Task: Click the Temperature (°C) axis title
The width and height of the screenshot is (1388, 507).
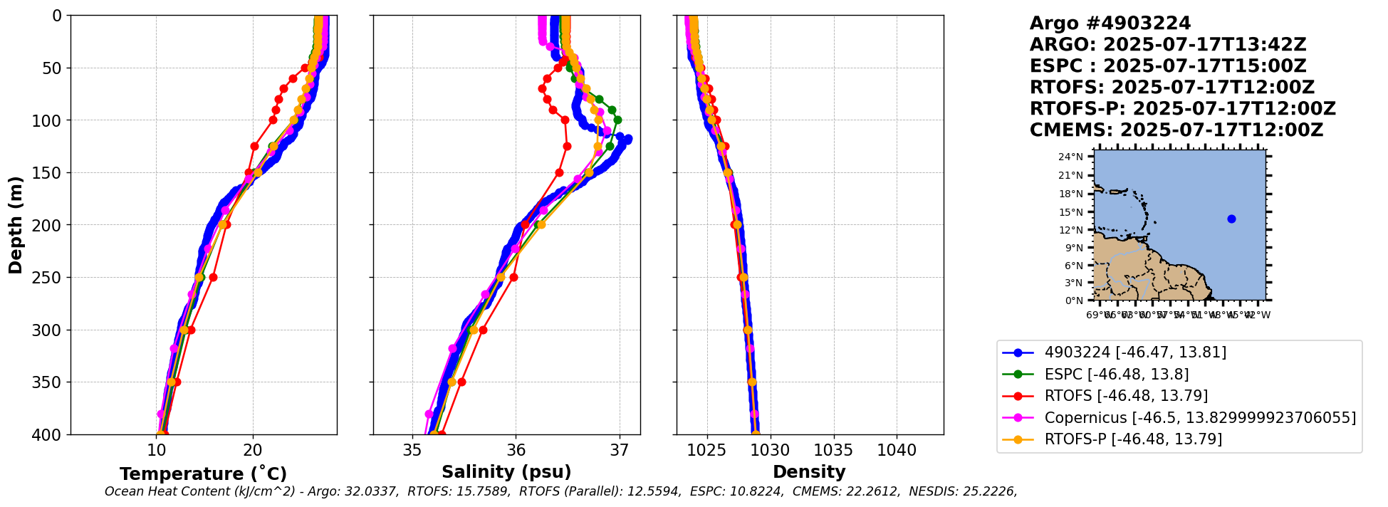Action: click(x=203, y=474)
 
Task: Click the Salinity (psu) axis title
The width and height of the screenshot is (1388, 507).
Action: click(x=506, y=472)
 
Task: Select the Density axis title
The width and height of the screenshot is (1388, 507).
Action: click(x=809, y=472)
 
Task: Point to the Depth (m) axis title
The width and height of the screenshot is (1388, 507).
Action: click(x=16, y=225)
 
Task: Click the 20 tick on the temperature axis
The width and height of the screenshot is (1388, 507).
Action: click(x=253, y=450)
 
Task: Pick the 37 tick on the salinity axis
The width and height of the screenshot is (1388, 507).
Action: click(x=620, y=450)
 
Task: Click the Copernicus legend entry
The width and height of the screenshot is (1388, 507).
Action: click(x=1200, y=418)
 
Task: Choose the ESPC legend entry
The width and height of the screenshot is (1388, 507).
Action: click(x=1116, y=375)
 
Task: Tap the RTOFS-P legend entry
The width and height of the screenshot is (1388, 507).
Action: click(x=1132, y=439)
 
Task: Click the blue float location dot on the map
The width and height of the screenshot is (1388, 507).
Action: click(x=1231, y=219)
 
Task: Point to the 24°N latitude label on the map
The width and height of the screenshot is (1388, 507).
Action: click(x=1070, y=157)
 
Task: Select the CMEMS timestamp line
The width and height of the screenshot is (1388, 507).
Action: click(x=1176, y=130)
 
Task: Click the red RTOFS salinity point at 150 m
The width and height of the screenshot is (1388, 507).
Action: click(x=559, y=172)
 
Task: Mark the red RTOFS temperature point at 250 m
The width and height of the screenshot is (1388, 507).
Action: click(x=213, y=277)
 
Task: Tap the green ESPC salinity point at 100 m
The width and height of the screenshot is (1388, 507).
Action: click(x=617, y=120)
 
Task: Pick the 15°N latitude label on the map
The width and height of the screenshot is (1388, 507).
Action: click(x=1070, y=212)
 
